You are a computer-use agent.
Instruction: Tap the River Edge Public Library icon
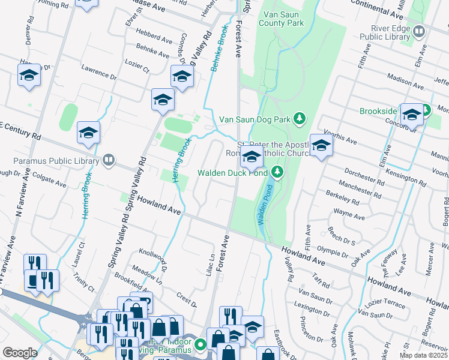tap(419, 31)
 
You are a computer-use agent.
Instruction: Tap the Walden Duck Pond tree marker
tap(277, 173)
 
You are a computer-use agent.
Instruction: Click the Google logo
tap(20, 352)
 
